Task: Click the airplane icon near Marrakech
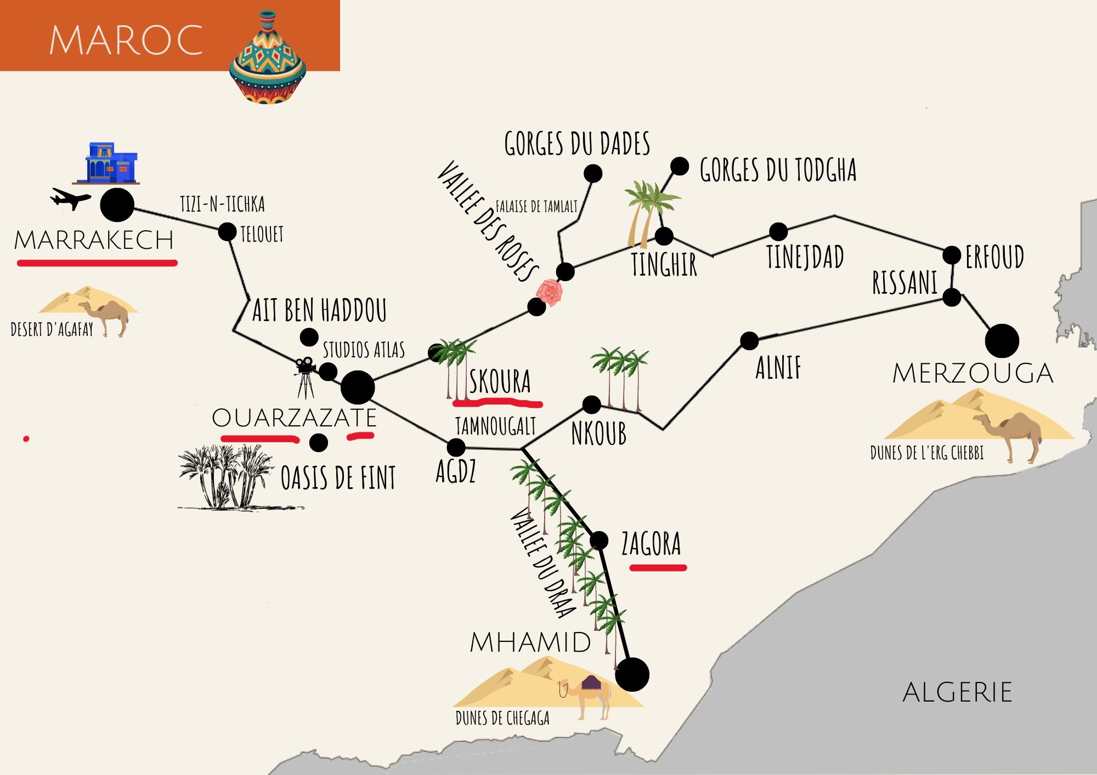[x=70, y=198]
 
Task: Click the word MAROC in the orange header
[x=126, y=40]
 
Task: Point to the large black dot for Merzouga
[x=1002, y=341]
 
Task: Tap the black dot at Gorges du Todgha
[x=680, y=166]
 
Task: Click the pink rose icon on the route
[x=549, y=293]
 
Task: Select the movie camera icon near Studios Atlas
[x=305, y=375]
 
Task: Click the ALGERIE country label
[x=957, y=692]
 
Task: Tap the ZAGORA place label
[x=651, y=544]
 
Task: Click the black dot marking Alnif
[x=749, y=340]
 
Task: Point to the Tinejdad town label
[x=805, y=257]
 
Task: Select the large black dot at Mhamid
[x=632, y=674]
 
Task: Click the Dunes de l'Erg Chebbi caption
[x=927, y=453]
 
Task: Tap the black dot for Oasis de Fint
[x=319, y=442]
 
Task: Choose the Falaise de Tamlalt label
[x=536, y=207]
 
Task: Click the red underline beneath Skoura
[x=497, y=404]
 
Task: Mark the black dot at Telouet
[x=227, y=232]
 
